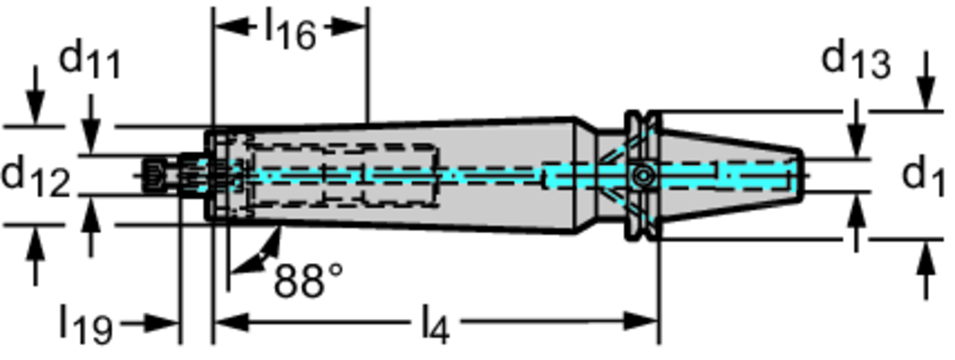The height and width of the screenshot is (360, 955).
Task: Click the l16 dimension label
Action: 290,31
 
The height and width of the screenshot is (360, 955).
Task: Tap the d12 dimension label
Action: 35,177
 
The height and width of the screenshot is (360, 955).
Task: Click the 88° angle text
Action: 308,280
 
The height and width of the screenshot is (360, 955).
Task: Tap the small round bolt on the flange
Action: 642,176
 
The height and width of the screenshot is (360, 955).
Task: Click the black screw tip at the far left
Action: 152,176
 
